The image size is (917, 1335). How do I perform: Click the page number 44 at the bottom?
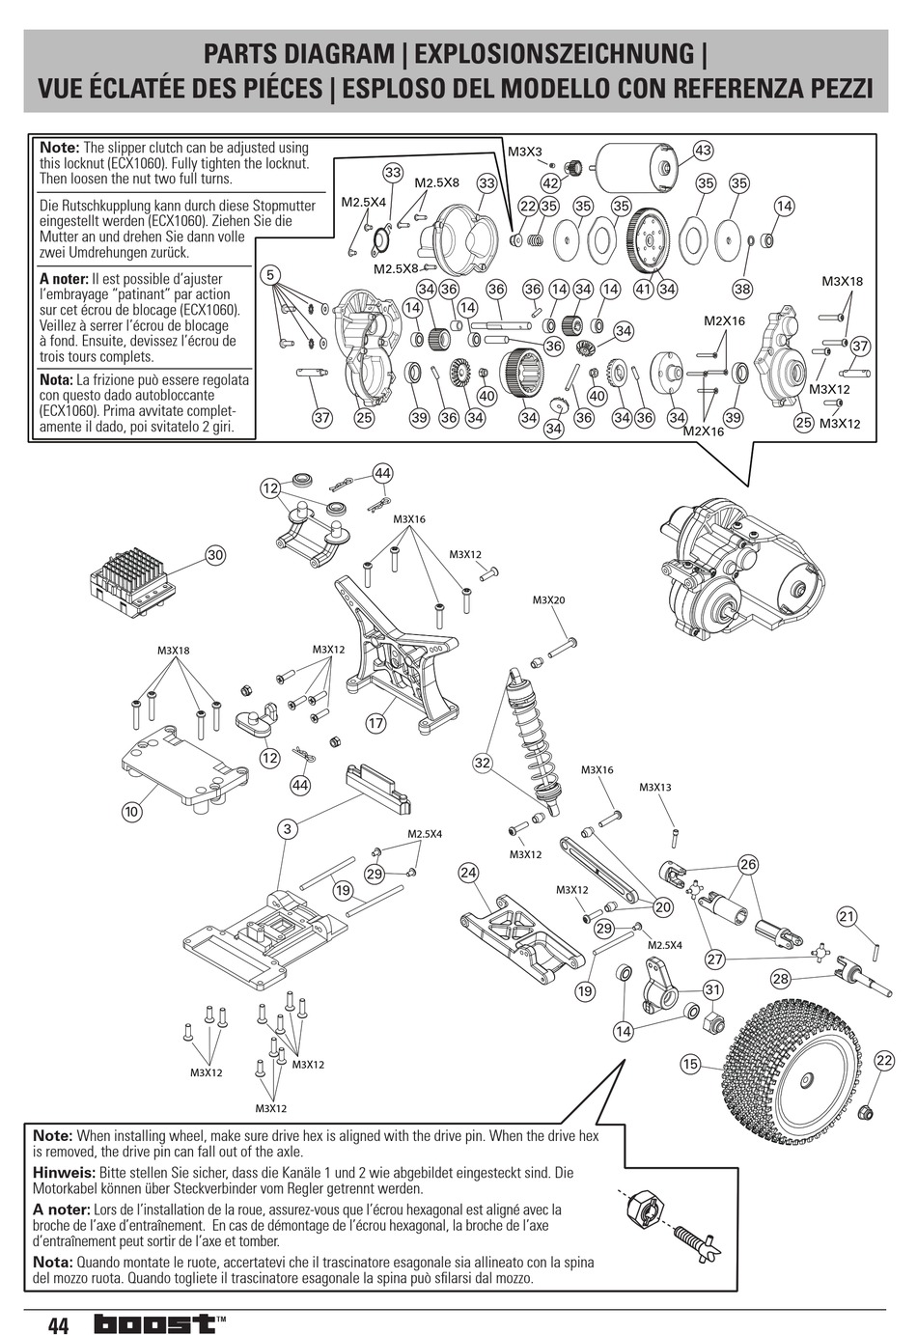(x=57, y=1323)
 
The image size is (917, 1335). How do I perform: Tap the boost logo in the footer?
(x=153, y=1323)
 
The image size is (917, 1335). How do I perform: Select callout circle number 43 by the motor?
(x=703, y=150)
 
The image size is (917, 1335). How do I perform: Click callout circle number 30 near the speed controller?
(x=214, y=554)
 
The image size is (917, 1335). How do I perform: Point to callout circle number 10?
(x=132, y=812)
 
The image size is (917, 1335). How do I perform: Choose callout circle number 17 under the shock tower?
(x=375, y=723)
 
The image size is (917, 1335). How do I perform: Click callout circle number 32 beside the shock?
(x=483, y=763)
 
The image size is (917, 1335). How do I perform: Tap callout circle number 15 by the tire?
(x=689, y=1064)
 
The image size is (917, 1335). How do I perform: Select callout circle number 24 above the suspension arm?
(x=468, y=873)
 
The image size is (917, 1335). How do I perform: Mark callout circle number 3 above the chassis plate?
(x=287, y=828)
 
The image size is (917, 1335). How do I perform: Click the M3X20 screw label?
(x=548, y=600)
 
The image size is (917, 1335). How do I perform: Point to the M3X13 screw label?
(x=654, y=788)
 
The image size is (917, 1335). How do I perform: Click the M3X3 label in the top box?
(x=525, y=152)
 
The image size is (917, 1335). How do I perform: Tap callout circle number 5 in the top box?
(x=271, y=275)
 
